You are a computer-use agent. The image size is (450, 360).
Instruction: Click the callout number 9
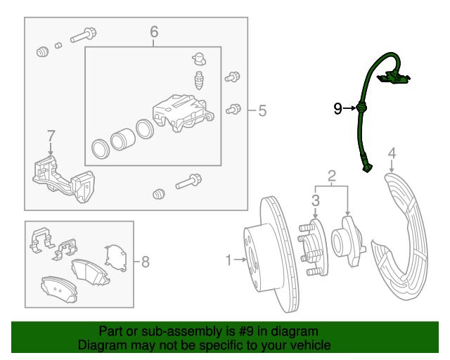[x=337, y=108]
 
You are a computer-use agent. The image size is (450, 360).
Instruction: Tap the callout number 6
[x=154, y=32]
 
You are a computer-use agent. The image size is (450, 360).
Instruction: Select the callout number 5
[x=262, y=110]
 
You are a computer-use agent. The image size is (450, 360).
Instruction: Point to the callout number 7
[x=51, y=136]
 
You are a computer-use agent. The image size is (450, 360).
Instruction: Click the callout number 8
[x=146, y=262]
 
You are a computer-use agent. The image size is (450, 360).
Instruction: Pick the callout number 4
[x=392, y=153]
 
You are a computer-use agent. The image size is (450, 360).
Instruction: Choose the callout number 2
[x=331, y=174]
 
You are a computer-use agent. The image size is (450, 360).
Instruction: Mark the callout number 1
[x=228, y=261]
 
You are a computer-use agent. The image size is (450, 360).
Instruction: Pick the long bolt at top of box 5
[x=83, y=34]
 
